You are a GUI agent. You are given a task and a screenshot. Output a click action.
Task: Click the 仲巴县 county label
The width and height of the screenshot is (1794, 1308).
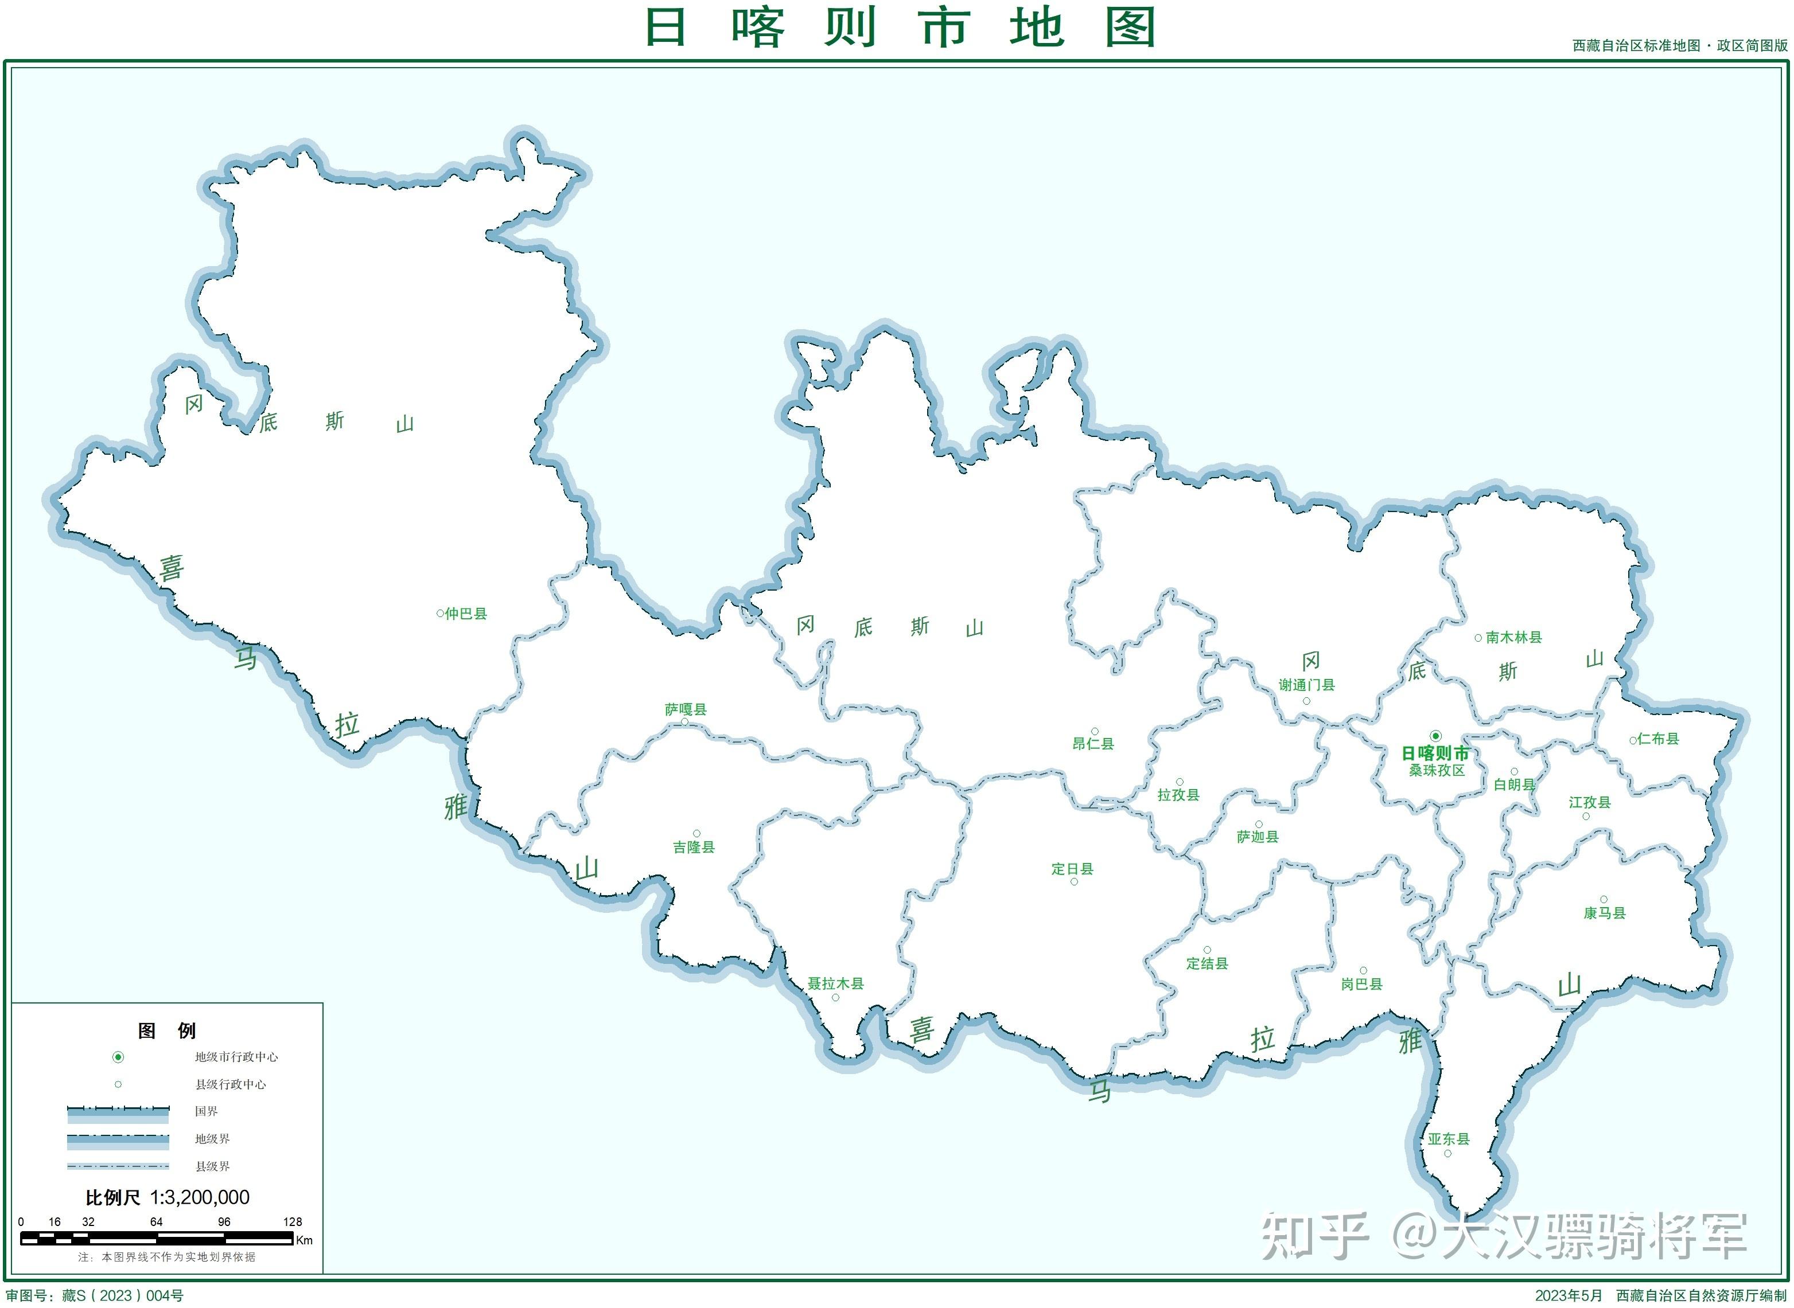click(x=466, y=614)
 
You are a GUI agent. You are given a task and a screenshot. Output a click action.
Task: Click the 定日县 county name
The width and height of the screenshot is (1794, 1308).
click(x=1072, y=869)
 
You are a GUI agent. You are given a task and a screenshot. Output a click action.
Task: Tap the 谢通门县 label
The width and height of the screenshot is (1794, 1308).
click(x=1306, y=685)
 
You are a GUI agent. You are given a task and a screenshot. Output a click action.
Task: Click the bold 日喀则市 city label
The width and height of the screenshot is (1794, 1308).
click(x=1435, y=753)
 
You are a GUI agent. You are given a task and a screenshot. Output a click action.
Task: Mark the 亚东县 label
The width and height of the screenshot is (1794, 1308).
click(x=1449, y=1139)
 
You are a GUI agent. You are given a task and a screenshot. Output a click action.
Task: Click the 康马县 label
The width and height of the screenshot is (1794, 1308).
click(x=1605, y=913)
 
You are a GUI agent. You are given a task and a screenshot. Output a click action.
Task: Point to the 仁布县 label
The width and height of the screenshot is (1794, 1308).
click(x=1658, y=739)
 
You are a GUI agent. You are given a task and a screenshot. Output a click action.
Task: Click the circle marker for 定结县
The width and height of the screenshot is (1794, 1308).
click(x=1207, y=950)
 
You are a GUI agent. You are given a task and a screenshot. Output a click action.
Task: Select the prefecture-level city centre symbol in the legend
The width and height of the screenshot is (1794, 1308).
click(x=118, y=1057)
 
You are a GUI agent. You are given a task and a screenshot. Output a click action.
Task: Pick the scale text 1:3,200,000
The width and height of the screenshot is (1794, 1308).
click(x=200, y=1197)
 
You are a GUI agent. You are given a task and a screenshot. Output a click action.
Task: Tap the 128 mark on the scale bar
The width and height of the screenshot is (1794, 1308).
click(x=292, y=1221)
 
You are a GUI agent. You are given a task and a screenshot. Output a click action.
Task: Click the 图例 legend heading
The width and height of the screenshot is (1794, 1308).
click(x=166, y=1030)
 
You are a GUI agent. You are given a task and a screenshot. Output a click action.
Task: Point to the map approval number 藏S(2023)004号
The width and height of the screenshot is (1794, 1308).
click(x=123, y=1295)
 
